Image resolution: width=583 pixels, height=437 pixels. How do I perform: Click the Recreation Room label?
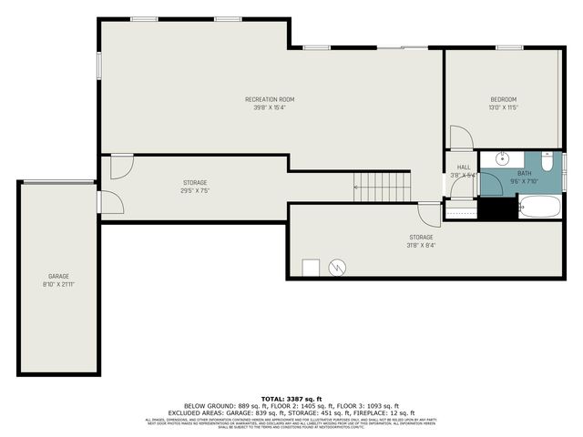[x=270, y=99]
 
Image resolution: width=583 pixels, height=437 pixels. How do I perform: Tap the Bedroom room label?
[x=503, y=99]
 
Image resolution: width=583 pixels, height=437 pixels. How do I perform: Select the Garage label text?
[x=58, y=276]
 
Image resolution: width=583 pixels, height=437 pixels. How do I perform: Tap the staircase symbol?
[x=383, y=188]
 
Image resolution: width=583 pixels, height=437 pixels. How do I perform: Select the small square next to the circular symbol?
[x=312, y=268]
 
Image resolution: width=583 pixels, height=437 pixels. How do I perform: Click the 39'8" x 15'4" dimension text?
[x=270, y=107]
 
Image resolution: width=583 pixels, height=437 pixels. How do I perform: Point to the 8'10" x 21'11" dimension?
[x=58, y=284]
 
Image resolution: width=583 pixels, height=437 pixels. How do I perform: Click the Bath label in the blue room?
[x=525, y=173]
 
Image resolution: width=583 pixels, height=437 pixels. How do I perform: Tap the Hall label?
[x=464, y=168]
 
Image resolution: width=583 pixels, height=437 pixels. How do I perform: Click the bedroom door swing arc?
[x=461, y=138]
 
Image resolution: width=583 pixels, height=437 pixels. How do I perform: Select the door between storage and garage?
[x=110, y=203]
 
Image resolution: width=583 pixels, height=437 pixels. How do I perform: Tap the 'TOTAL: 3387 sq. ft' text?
[x=291, y=399]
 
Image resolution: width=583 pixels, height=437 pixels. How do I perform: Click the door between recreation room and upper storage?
[x=121, y=166]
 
